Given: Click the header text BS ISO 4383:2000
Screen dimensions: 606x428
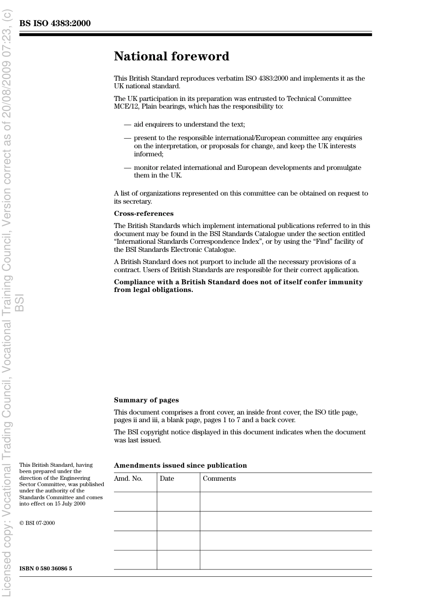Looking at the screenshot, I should coord(55,23).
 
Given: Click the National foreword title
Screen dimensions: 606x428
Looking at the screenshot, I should coord(171,56).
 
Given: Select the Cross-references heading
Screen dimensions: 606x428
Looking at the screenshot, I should coord(143,214).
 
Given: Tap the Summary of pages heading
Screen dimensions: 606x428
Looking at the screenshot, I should coord(146,400).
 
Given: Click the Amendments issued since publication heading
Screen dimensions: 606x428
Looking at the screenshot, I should coord(180,465).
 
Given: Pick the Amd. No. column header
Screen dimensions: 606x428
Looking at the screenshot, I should coord(128,478).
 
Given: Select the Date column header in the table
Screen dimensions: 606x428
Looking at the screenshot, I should coord(167,478).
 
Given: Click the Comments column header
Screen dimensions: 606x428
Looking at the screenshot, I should coord(219,478).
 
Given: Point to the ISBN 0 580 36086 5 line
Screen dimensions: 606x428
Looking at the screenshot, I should coord(46,569).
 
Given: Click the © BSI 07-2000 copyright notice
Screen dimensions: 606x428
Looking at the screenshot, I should coord(37,523).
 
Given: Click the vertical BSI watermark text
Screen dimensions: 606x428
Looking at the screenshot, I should coord(19,303).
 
